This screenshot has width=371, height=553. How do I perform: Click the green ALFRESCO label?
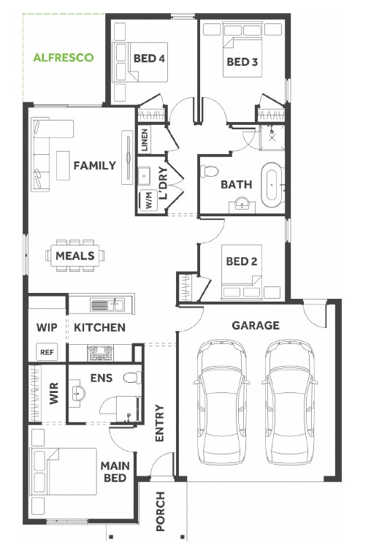click(x=64, y=58)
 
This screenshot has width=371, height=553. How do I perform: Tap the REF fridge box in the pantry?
click(x=47, y=352)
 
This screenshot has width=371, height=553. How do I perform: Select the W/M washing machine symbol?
click(x=148, y=201)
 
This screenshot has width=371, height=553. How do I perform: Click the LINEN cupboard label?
click(x=145, y=140)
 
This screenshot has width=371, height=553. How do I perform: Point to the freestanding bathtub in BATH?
click(x=272, y=185)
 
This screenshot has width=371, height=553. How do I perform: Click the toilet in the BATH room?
click(x=209, y=171)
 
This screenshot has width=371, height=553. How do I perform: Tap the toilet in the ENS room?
click(x=133, y=378)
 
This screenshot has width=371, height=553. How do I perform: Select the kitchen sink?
click(x=107, y=305)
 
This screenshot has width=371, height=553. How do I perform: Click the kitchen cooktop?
click(x=101, y=353)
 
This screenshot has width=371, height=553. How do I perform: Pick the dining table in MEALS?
click(x=74, y=256)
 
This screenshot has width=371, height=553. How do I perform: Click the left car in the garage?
click(x=221, y=402)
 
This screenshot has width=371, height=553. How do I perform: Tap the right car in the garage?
click(x=289, y=402)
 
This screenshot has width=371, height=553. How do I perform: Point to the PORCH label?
click(x=161, y=511)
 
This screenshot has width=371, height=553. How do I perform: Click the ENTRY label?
click(x=160, y=423)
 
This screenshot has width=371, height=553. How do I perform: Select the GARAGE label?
click(x=256, y=325)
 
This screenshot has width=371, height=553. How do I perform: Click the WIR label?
click(x=54, y=393)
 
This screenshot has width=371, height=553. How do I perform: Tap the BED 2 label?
click(x=242, y=262)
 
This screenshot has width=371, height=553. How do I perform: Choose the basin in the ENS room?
click(x=78, y=392)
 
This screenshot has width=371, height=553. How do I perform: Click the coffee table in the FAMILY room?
click(x=63, y=166)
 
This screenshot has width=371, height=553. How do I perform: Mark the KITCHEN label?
click(x=100, y=327)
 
